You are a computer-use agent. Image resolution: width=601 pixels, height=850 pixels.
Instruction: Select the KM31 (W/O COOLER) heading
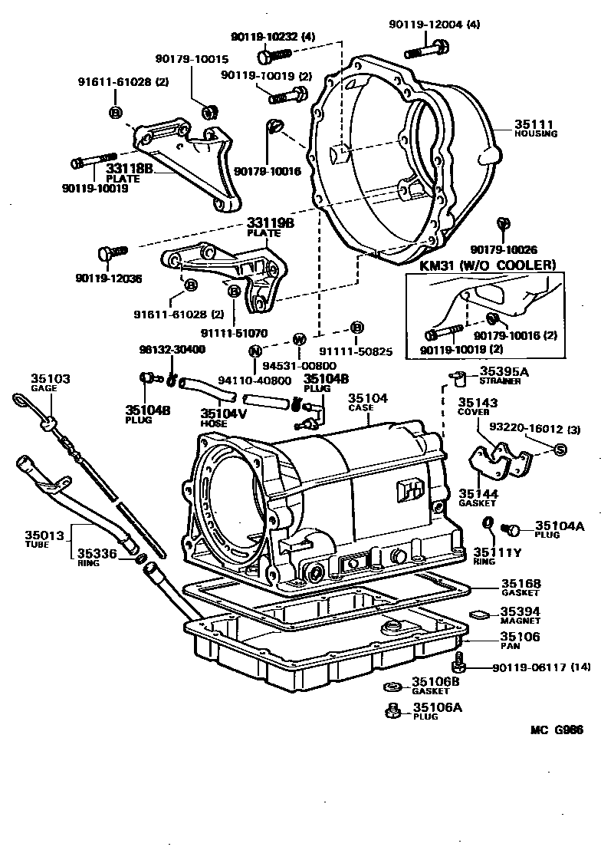(482, 265)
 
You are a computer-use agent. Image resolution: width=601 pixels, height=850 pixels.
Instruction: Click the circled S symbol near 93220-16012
(560, 449)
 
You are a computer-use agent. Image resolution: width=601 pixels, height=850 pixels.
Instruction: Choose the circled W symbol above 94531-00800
(300, 338)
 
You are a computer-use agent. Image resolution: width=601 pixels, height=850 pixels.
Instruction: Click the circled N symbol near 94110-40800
(255, 351)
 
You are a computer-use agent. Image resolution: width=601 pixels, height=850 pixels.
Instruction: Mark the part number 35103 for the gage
(51, 379)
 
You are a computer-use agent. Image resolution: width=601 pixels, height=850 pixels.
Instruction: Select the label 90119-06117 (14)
(535, 667)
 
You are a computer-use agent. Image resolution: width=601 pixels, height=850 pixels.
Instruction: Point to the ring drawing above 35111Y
(487, 524)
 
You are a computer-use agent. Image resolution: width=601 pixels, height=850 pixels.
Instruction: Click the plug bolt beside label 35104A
(510, 529)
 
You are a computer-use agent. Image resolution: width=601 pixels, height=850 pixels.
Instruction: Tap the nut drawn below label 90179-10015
(208, 112)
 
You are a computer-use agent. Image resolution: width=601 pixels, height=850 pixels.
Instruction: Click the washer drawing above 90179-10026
(503, 223)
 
